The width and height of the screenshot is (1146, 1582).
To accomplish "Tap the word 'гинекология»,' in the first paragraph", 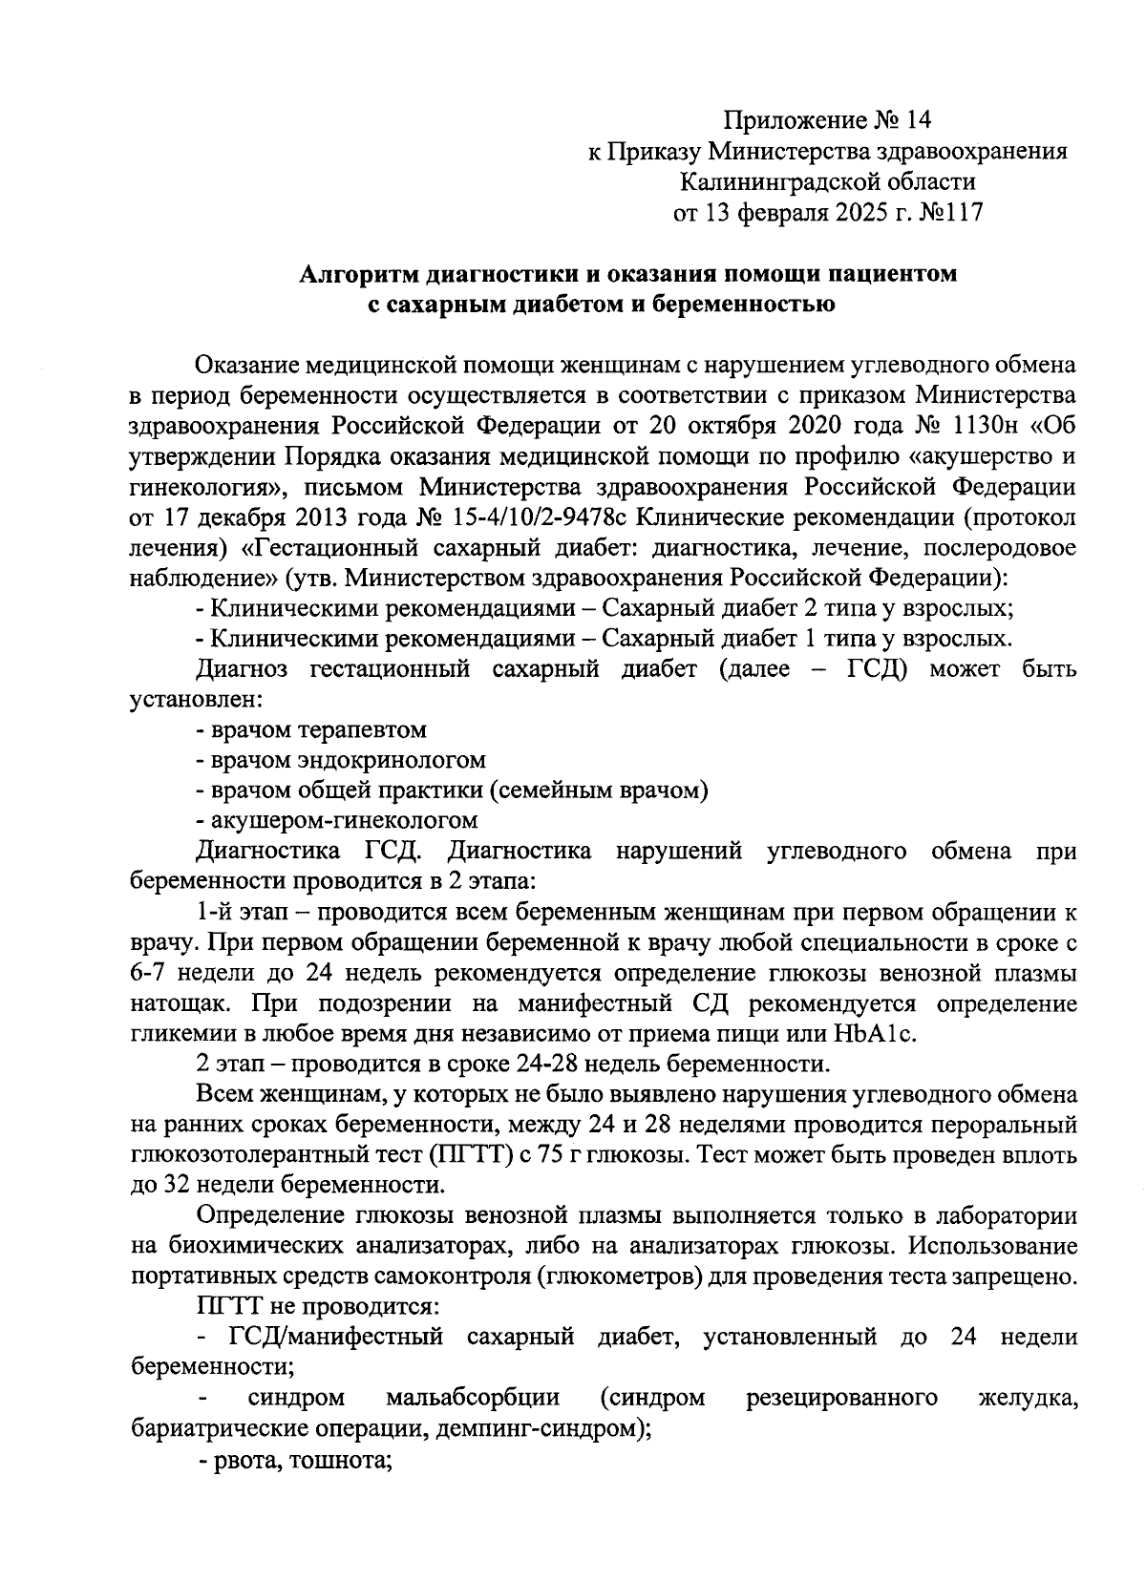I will pos(203,487).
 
